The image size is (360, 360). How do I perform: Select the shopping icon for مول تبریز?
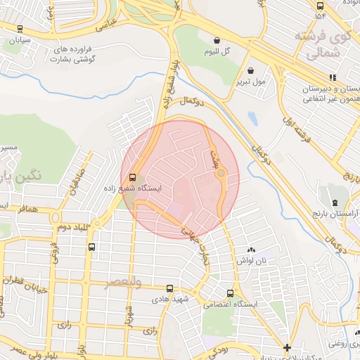point(251,70)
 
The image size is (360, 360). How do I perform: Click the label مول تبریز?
point(252,82)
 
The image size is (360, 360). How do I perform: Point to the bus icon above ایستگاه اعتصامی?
point(230,293)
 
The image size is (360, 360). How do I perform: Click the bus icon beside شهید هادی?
point(169,288)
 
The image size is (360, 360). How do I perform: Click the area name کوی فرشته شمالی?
point(320,44)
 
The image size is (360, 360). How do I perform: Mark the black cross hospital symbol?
point(287,347)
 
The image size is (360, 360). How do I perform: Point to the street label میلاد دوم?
point(72,227)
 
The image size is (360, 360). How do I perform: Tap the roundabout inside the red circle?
point(221,173)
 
